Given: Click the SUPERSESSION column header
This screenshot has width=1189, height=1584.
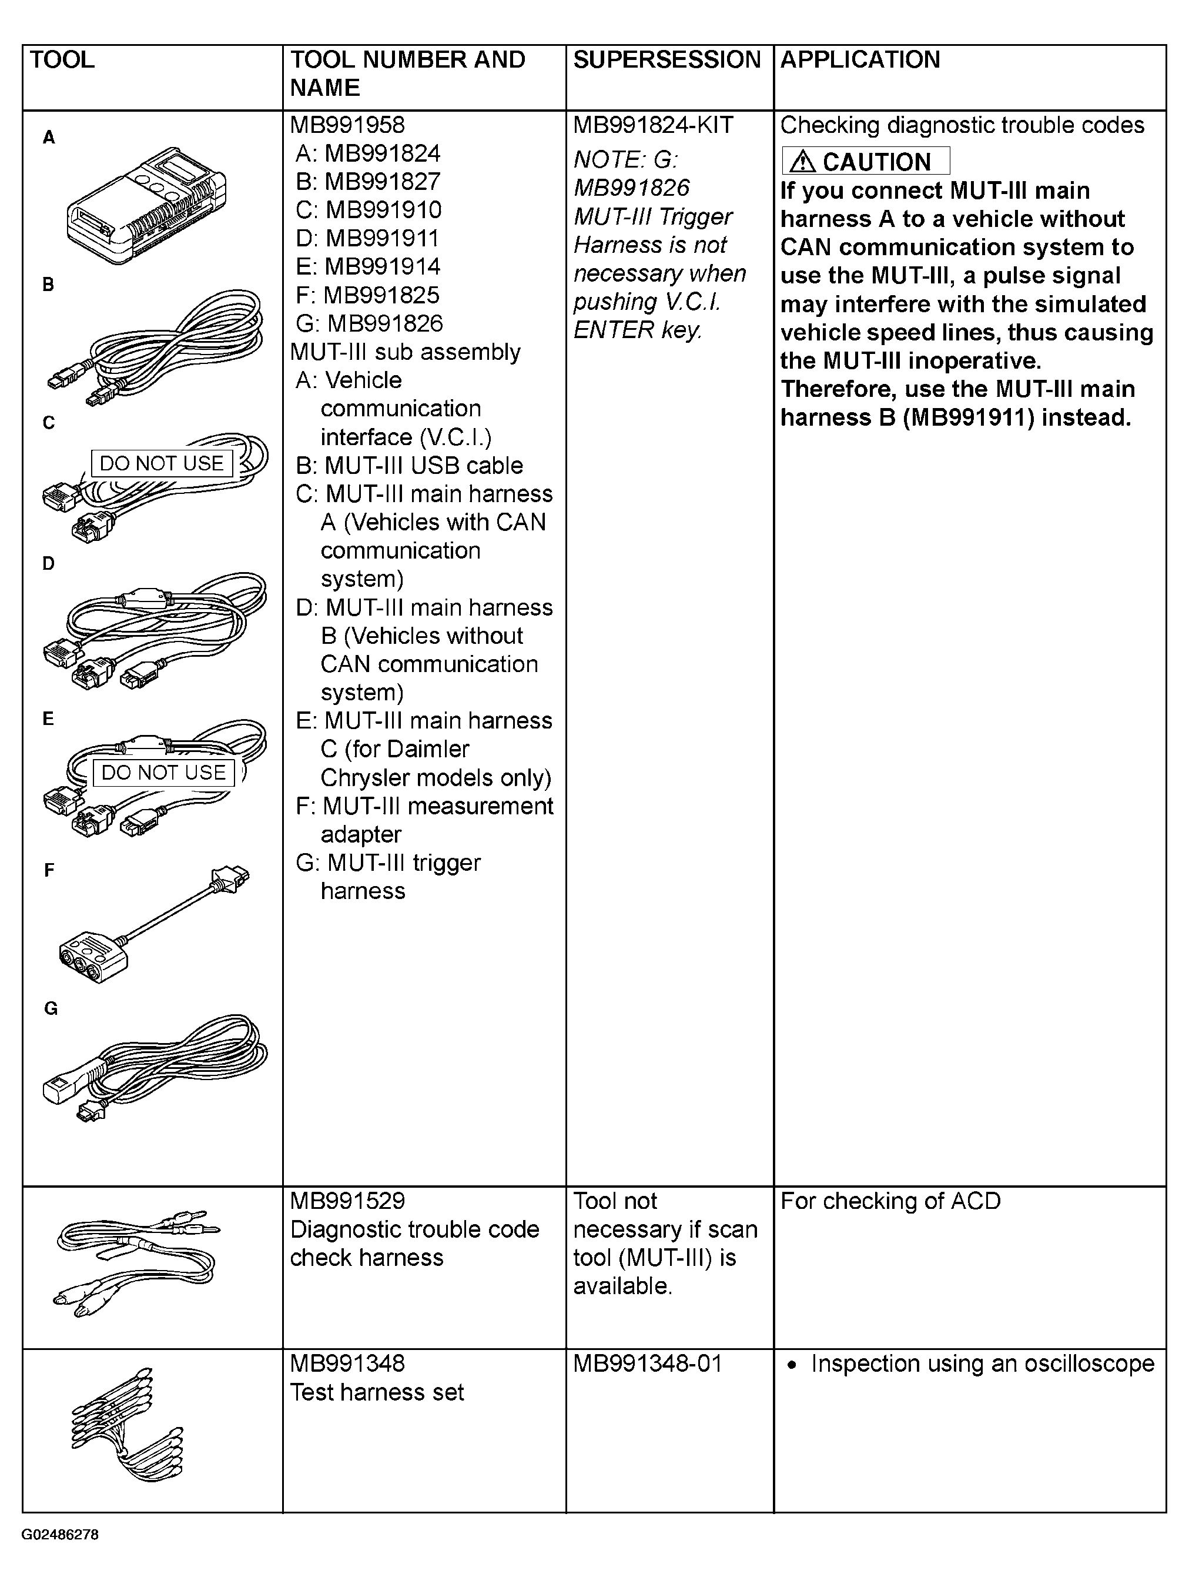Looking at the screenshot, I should (x=666, y=59).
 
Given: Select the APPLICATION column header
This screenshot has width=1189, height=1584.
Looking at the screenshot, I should (x=860, y=59).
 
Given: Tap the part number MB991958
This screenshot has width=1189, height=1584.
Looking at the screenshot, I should (x=347, y=125).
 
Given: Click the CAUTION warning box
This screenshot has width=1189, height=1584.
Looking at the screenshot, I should (x=865, y=161).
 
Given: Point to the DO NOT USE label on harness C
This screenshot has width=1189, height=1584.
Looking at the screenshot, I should (x=161, y=463).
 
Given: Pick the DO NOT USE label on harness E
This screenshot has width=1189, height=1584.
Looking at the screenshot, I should (x=163, y=773).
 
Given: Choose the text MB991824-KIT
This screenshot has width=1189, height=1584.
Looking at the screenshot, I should (x=653, y=125).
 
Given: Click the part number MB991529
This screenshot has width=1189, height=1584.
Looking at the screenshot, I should (x=347, y=1201).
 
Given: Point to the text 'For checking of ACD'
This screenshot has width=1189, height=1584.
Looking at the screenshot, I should (x=890, y=1201).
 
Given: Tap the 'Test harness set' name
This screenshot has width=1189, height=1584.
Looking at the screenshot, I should (x=377, y=1392).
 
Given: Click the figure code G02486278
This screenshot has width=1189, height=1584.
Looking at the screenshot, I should (x=60, y=1535).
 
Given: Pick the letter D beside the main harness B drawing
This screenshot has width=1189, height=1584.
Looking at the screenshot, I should (x=48, y=563).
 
